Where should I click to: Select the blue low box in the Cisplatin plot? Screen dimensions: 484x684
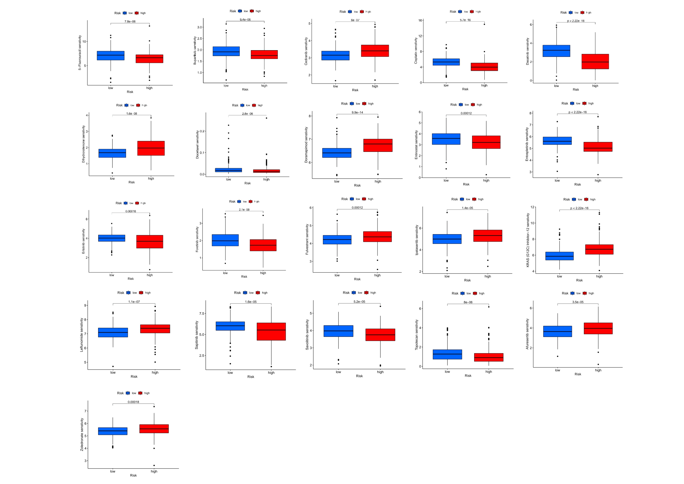point(446,62)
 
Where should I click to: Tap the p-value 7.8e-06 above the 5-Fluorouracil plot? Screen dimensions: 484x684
point(130,21)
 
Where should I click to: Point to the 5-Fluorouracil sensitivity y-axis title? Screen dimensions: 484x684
point(80,53)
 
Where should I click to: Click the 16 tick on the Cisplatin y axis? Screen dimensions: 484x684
point(420,20)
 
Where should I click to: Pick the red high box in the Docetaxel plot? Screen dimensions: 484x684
point(266,171)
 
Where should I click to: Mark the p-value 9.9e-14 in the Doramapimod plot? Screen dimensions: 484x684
point(357,112)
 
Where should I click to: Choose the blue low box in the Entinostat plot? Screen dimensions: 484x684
point(446,139)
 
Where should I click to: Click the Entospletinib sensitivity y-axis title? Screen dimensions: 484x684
point(527,144)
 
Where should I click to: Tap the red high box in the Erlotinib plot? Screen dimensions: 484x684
point(150,242)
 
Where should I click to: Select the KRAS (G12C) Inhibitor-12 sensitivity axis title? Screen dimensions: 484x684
point(528,240)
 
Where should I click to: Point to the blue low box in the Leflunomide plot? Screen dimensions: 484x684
point(113,332)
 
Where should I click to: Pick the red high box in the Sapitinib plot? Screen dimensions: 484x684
point(271,331)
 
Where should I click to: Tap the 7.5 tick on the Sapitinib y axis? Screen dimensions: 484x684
point(202,314)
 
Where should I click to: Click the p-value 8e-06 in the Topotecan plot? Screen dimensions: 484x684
point(468,302)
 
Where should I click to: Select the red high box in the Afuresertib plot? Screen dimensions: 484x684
point(598,328)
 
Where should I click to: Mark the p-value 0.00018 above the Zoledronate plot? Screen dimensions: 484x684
point(133,402)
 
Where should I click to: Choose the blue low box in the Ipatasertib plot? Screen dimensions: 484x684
point(447,239)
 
